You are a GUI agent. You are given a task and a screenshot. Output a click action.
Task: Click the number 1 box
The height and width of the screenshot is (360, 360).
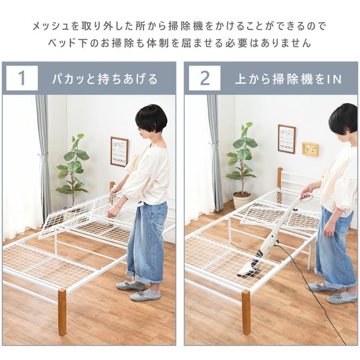coord(22,78)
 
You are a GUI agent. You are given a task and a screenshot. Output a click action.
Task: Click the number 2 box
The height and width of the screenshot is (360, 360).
coord(204,78)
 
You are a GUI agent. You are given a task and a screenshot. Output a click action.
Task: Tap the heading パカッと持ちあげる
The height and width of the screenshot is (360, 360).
coord(105,79)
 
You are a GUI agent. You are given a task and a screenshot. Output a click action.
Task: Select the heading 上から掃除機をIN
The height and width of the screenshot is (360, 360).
coord(288,79)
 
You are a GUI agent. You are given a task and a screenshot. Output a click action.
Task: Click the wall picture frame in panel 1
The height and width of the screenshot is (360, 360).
coord(119,152)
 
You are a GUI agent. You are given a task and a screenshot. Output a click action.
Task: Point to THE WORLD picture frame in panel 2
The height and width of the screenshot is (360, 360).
coord(286,139)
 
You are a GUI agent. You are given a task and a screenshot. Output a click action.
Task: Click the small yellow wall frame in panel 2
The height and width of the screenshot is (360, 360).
coord(310,149)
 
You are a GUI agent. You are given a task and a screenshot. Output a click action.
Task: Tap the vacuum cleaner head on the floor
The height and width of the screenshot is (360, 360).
coord(250,269)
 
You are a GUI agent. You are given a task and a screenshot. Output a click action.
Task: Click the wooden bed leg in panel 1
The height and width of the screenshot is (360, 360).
coord(62,312)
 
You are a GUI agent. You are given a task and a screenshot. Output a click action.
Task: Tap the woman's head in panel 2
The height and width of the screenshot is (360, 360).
coord(343,119)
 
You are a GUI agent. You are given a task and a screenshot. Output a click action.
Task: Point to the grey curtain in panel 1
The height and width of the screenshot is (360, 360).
coord(44,156)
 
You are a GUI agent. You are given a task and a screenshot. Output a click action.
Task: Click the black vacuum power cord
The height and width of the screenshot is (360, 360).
coord(317,301)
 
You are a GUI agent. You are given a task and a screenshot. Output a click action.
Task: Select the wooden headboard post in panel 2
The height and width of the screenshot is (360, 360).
coord(279,177)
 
